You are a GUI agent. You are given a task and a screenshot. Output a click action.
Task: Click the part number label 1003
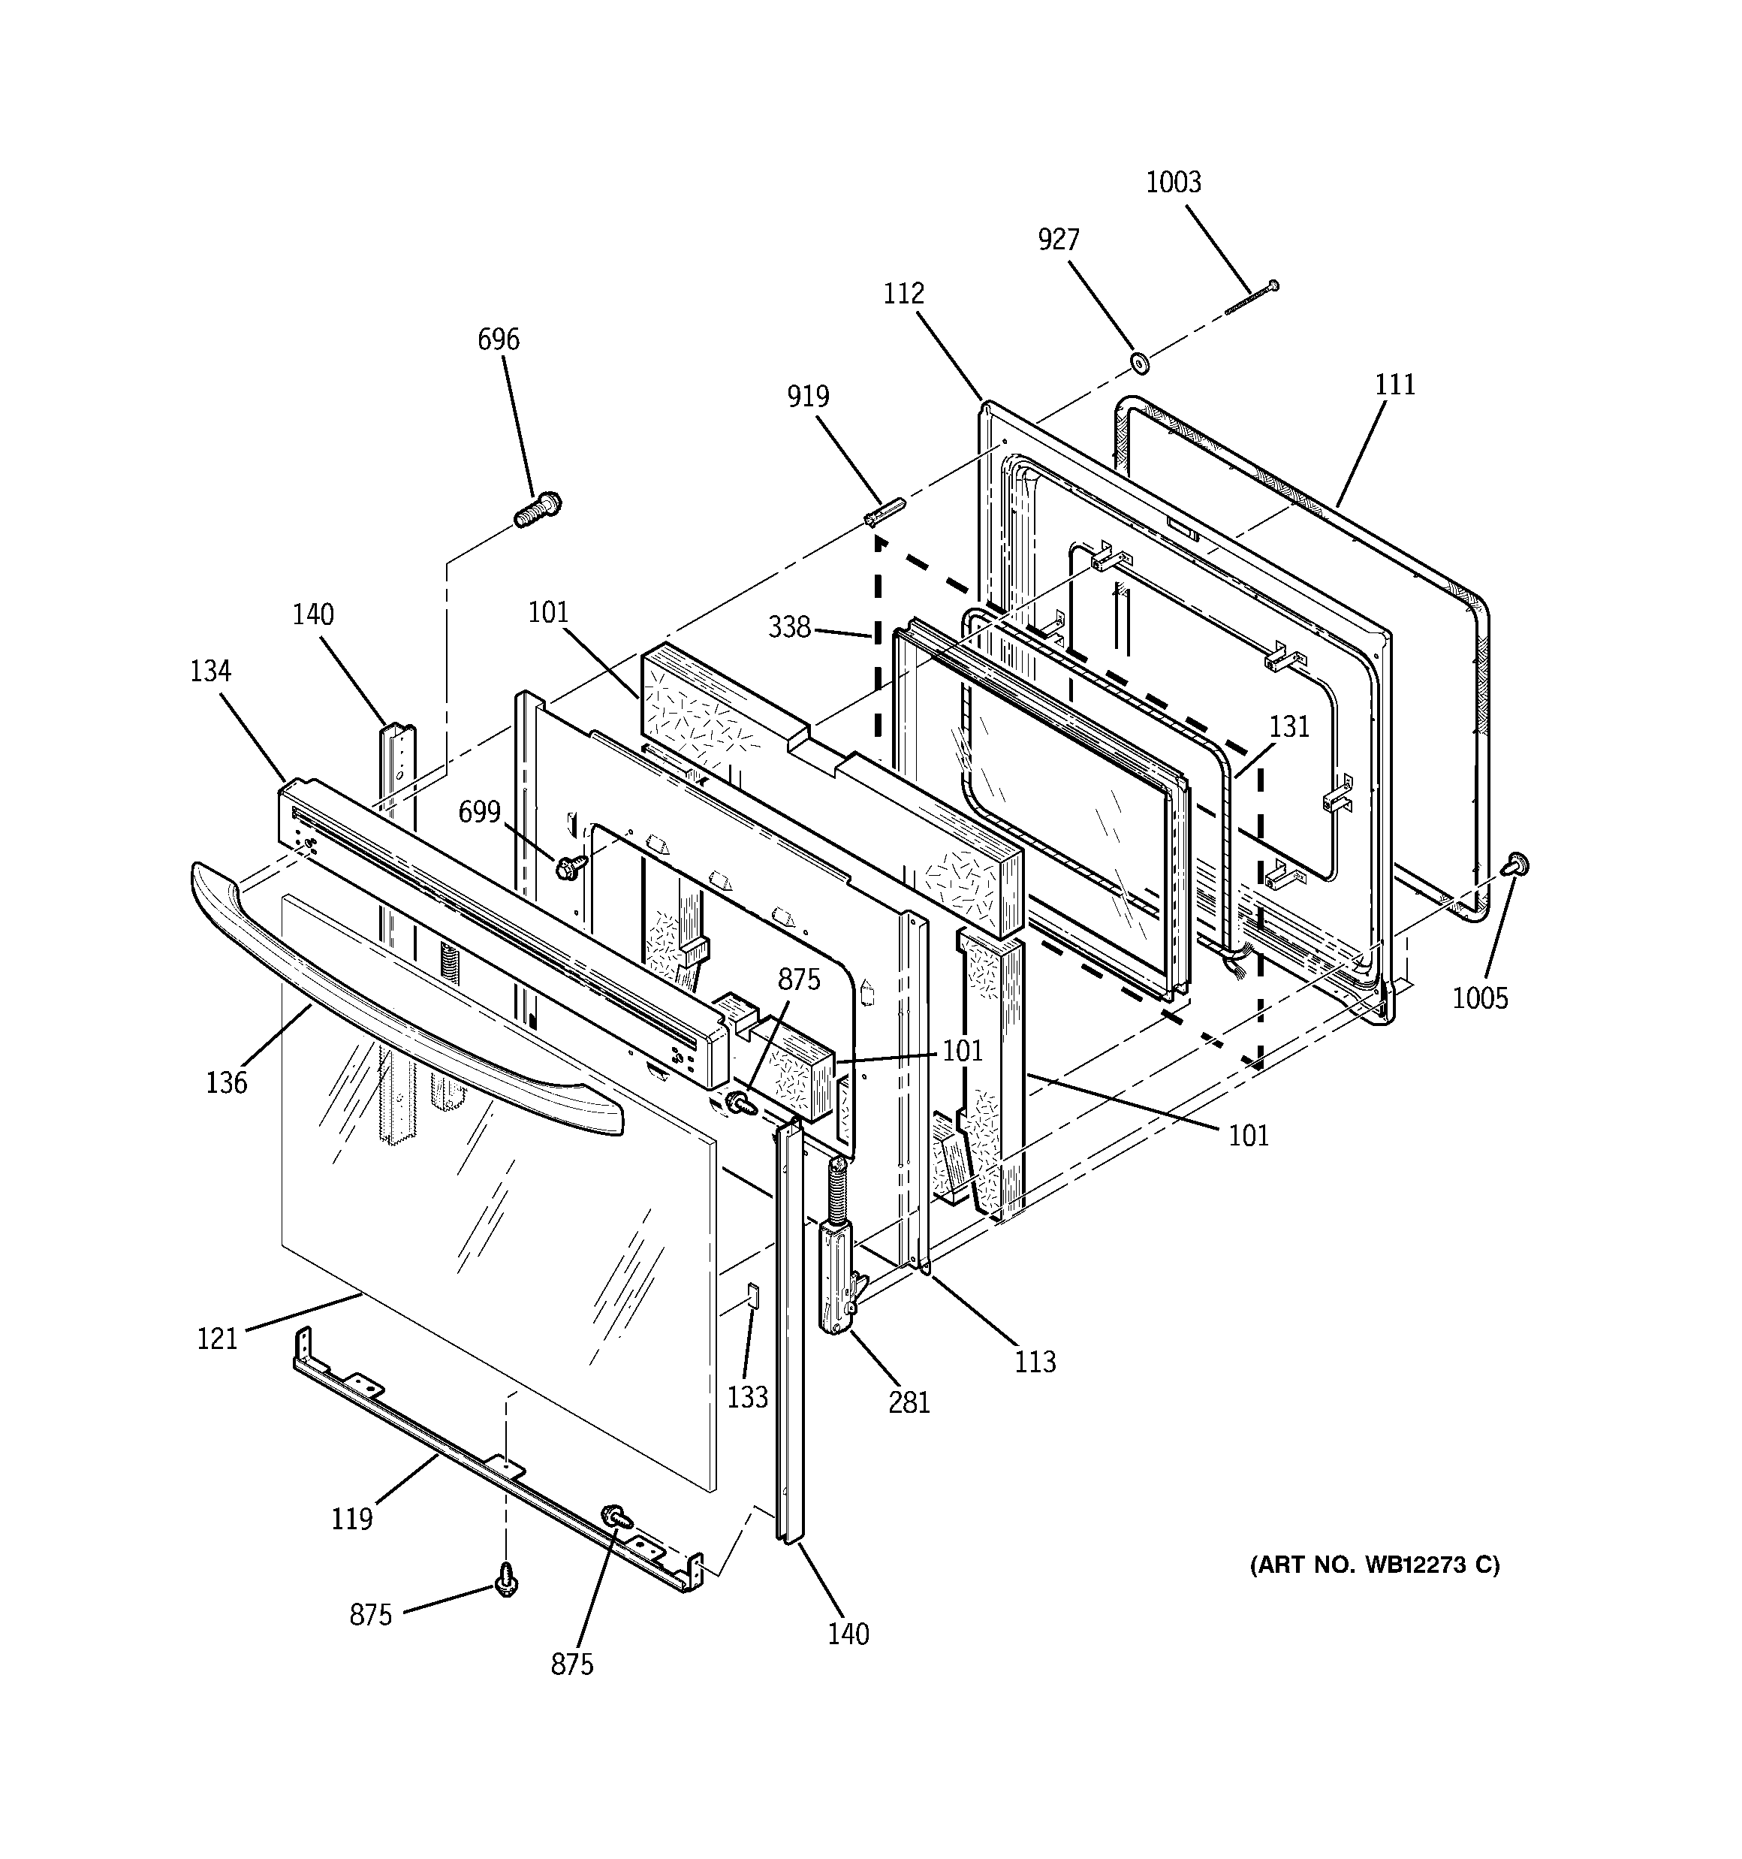coord(1174,183)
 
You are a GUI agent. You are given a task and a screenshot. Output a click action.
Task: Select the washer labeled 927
coord(1139,363)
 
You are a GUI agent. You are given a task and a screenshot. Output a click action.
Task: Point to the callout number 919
coord(808,397)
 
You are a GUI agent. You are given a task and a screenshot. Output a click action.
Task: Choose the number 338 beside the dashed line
coord(789,627)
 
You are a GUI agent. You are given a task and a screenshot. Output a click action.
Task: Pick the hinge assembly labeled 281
coord(837,1251)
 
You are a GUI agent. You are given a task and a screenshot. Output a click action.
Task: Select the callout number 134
coord(210,671)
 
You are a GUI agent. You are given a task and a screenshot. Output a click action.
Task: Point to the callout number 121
coord(217,1339)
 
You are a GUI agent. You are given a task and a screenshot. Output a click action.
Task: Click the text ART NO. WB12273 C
coord(1375,1565)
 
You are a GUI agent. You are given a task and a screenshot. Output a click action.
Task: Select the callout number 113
coord(1035,1362)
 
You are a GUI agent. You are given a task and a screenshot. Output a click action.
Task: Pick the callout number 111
coord(1395,385)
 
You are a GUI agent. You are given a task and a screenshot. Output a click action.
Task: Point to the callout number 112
coord(903,294)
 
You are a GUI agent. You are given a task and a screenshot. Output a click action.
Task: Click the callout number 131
coord(1289,726)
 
